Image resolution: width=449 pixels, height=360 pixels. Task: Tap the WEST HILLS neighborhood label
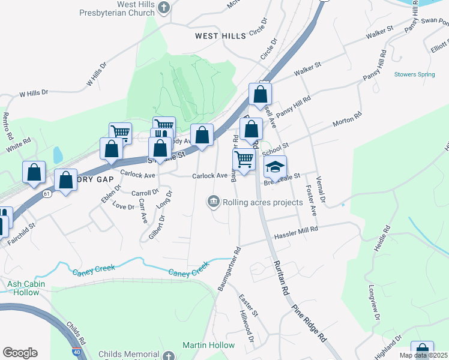coord(220,36)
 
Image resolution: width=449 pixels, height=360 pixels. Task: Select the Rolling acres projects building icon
coord(213,202)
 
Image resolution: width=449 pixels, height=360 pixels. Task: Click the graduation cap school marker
coord(276,166)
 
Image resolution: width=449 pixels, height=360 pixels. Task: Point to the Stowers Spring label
coord(414,74)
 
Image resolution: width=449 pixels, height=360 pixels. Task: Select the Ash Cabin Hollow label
coord(23,288)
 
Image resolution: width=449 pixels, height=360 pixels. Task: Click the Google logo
coord(20,353)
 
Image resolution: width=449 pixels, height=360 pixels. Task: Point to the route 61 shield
coord(46,193)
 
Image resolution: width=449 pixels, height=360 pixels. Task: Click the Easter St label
coord(248,305)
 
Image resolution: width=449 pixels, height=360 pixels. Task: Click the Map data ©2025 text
coord(423,355)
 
